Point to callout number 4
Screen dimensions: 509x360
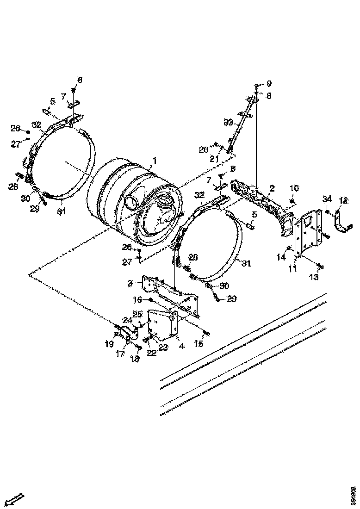(181, 346)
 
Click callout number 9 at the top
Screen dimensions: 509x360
(269, 84)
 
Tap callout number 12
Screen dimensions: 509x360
(343, 200)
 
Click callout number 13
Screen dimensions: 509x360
(314, 277)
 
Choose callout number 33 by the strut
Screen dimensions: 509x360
(228, 122)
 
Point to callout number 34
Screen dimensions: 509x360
(327, 199)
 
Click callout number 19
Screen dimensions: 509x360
(109, 344)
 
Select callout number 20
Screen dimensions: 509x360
(204, 149)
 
